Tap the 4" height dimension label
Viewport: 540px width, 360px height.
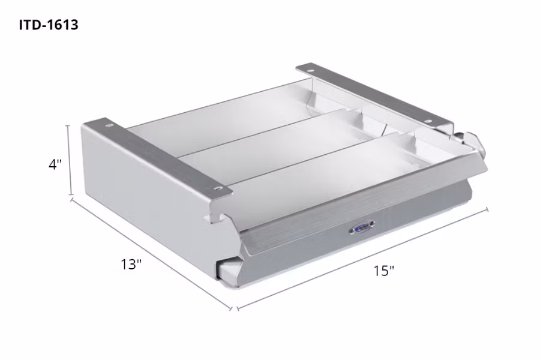click(x=56, y=164)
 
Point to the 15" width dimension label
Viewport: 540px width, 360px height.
click(x=383, y=271)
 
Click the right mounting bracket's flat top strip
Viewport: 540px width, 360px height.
click(x=378, y=96)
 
